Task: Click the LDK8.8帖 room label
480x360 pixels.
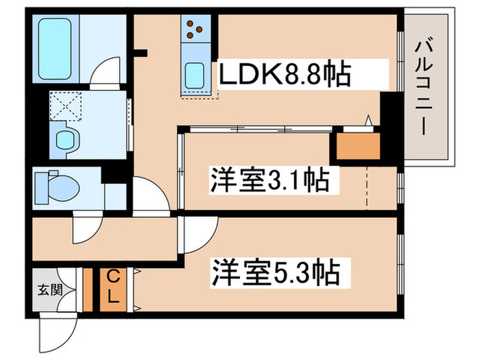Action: coord(285,73)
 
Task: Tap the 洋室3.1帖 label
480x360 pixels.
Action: coord(269,180)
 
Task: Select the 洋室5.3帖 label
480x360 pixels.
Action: coord(276,272)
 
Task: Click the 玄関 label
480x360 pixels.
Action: coord(50,289)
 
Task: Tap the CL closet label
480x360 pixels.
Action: coord(113,289)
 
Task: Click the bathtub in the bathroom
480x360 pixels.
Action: coord(55,49)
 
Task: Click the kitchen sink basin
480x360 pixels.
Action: coord(195,75)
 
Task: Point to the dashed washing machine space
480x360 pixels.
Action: coord(66,106)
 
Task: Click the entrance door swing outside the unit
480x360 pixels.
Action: coord(58,332)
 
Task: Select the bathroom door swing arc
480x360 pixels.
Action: coord(104,72)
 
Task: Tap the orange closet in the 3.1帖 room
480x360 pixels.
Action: coord(358,146)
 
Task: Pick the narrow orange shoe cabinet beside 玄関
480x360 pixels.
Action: coord(88,289)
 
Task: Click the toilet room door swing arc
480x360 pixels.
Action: coord(87,227)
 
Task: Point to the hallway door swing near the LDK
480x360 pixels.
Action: coord(151,194)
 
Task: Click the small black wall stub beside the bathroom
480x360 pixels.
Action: coord(141,53)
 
